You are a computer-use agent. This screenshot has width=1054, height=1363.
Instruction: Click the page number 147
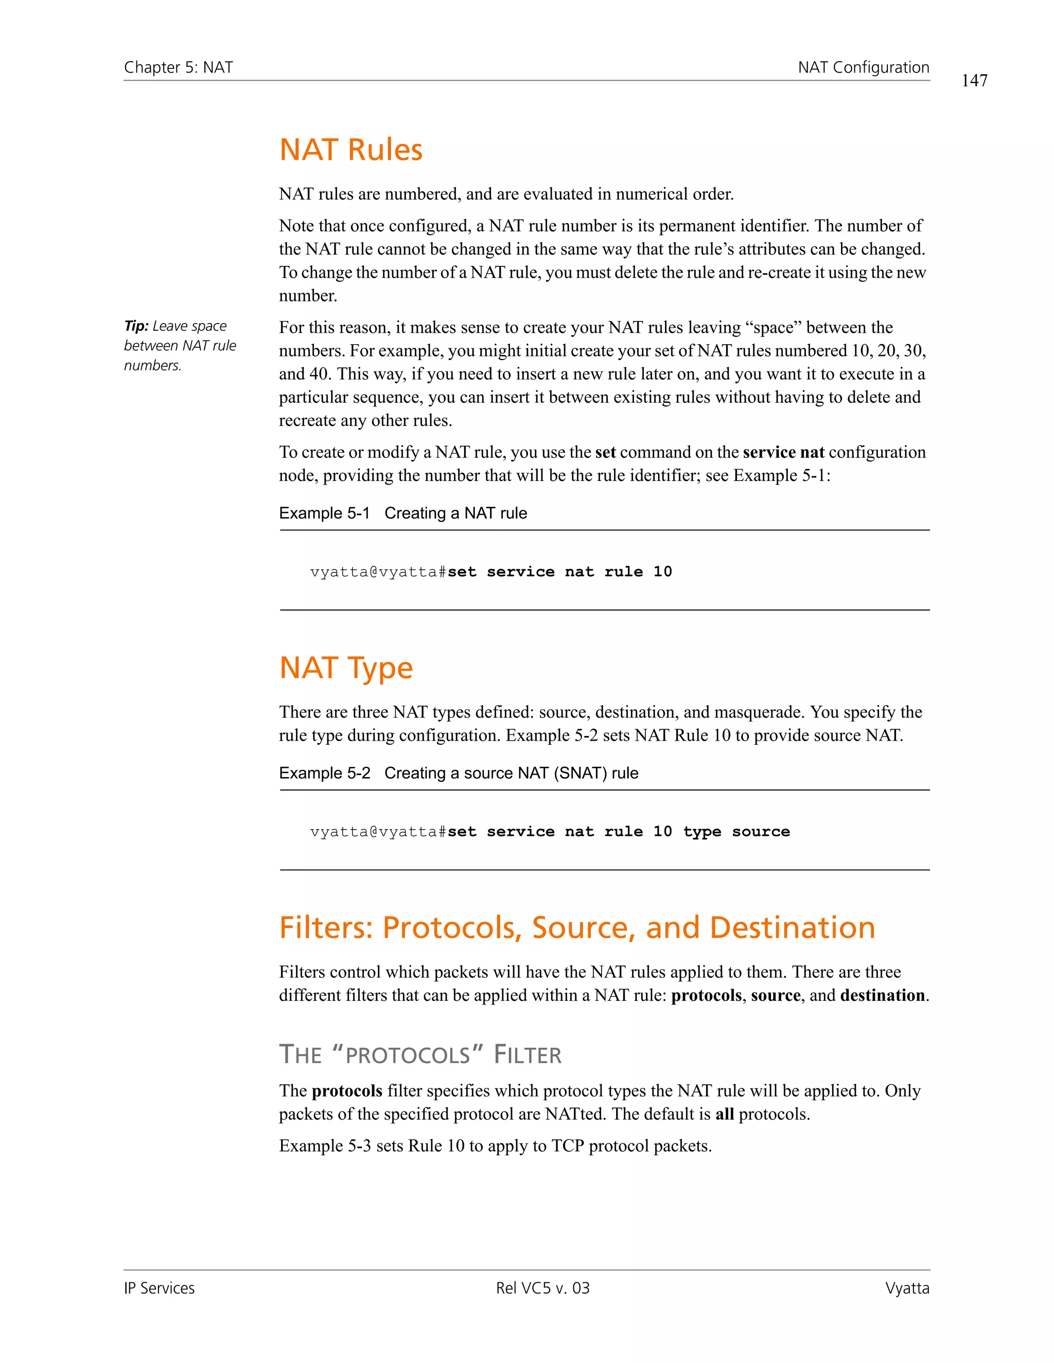click(x=974, y=81)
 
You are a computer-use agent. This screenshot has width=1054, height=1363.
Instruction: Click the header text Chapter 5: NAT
click(x=179, y=67)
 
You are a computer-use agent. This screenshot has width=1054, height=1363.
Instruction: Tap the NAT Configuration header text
click(x=864, y=67)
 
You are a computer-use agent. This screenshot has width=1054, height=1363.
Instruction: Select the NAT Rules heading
click(x=351, y=150)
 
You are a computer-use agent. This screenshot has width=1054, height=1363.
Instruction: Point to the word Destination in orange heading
click(x=793, y=927)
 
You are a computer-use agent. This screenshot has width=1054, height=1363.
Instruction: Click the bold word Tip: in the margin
click(x=136, y=326)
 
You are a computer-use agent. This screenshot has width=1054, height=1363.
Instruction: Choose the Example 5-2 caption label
click(x=324, y=773)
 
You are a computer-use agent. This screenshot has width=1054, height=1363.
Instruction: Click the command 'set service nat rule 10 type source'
click(x=618, y=831)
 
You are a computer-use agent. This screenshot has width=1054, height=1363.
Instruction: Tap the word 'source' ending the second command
click(x=761, y=831)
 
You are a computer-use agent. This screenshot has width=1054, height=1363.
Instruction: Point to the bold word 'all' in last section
click(x=724, y=1114)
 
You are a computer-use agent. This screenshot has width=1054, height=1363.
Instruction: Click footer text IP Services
click(x=159, y=1288)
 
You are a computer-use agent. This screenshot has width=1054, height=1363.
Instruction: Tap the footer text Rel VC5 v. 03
click(x=542, y=1288)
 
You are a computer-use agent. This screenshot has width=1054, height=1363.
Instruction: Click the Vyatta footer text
click(x=907, y=1288)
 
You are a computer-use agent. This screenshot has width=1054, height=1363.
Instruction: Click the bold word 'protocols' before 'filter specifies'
click(x=347, y=1091)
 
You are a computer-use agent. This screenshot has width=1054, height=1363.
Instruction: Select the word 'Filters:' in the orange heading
click(x=326, y=927)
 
